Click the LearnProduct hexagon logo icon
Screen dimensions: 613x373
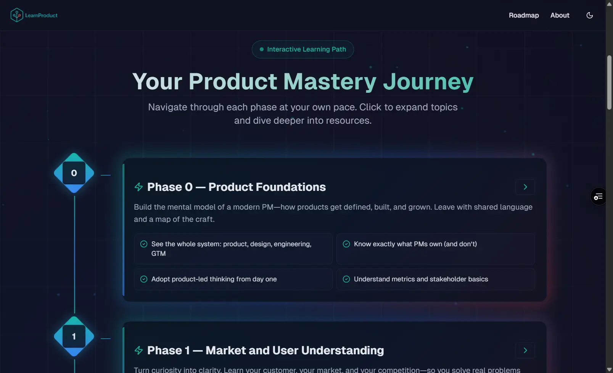(x=17, y=15)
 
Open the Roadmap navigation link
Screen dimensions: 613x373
(x=524, y=15)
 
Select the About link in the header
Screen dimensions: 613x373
(x=560, y=15)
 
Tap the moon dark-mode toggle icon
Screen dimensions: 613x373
(x=589, y=15)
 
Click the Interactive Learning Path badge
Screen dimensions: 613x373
(x=302, y=49)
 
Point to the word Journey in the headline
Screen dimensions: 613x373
(x=428, y=82)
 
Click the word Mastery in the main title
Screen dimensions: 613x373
(x=330, y=82)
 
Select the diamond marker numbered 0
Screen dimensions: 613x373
(x=74, y=173)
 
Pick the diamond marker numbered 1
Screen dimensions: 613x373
(x=74, y=336)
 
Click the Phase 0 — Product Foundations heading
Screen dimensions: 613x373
(x=237, y=187)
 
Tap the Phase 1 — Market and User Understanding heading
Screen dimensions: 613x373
(x=265, y=350)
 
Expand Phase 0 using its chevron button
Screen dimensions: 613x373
(x=525, y=187)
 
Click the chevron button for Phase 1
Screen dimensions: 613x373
(x=525, y=350)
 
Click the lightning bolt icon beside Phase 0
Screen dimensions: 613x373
(x=139, y=187)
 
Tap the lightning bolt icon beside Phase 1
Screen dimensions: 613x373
(x=139, y=350)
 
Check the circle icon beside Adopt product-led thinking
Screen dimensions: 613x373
(x=144, y=279)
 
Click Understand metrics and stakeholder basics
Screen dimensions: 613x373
(x=421, y=279)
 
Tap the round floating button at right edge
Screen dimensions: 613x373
(x=599, y=196)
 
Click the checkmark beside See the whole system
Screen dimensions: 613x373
(x=144, y=244)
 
